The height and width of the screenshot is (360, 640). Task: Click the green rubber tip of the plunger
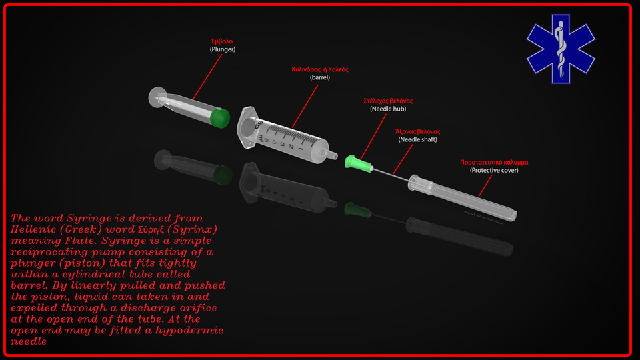pos(219,117)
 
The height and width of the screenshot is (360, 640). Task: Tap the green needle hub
pos(353,162)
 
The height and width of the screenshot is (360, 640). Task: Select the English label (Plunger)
pos(222,49)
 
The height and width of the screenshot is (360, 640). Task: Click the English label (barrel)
pos(320,77)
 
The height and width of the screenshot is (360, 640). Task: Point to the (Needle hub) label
pos(388,109)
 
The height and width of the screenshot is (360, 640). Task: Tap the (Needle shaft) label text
pos(418,139)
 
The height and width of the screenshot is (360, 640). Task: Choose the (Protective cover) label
pos(494,170)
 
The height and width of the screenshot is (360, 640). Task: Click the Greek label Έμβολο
pos(222,41)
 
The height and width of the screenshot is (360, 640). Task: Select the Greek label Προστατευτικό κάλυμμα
pos(494,162)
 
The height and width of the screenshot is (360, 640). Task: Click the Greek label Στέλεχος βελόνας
pos(388,101)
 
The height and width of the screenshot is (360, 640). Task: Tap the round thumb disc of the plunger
pos(157,98)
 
